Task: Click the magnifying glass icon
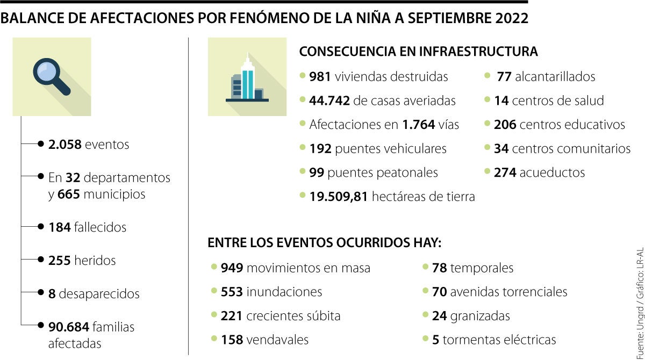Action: click(52, 77)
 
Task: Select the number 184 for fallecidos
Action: click(59, 227)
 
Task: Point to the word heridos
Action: click(95, 261)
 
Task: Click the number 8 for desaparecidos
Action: click(52, 294)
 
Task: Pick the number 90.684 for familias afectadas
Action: click(69, 327)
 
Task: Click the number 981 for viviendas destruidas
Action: click(320, 77)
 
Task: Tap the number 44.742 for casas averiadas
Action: click(330, 100)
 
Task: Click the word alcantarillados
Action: click(555, 77)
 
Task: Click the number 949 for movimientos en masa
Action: click(232, 268)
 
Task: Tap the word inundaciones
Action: click(284, 292)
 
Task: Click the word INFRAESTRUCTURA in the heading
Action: click(478, 52)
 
